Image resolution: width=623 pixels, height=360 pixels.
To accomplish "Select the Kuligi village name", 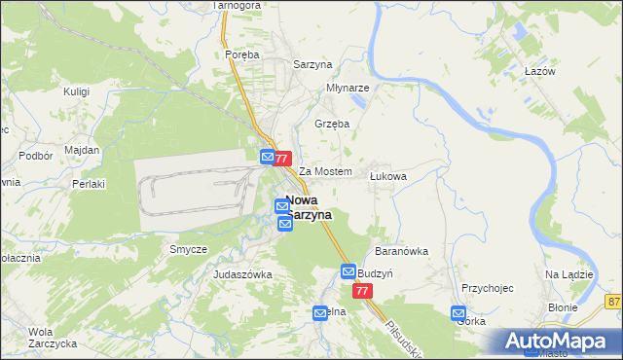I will tap(76, 90).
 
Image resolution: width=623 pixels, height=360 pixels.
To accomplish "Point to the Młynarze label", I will tap(347, 87).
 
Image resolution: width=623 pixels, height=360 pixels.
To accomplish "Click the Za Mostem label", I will tap(324, 171).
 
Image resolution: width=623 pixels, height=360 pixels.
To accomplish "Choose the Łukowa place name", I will tap(387, 176).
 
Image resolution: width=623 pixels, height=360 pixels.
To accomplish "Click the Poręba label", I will tap(241, 54).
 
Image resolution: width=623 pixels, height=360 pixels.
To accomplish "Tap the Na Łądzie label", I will tap(568, 274).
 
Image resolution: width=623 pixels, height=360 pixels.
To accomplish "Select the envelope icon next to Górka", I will tap(458, 313).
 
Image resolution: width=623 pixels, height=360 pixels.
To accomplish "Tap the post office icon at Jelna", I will tap(320, 312).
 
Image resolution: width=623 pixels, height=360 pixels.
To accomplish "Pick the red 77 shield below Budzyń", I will tap(363, 292).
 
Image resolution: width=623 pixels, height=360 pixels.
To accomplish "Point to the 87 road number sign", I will tap(613, 304).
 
